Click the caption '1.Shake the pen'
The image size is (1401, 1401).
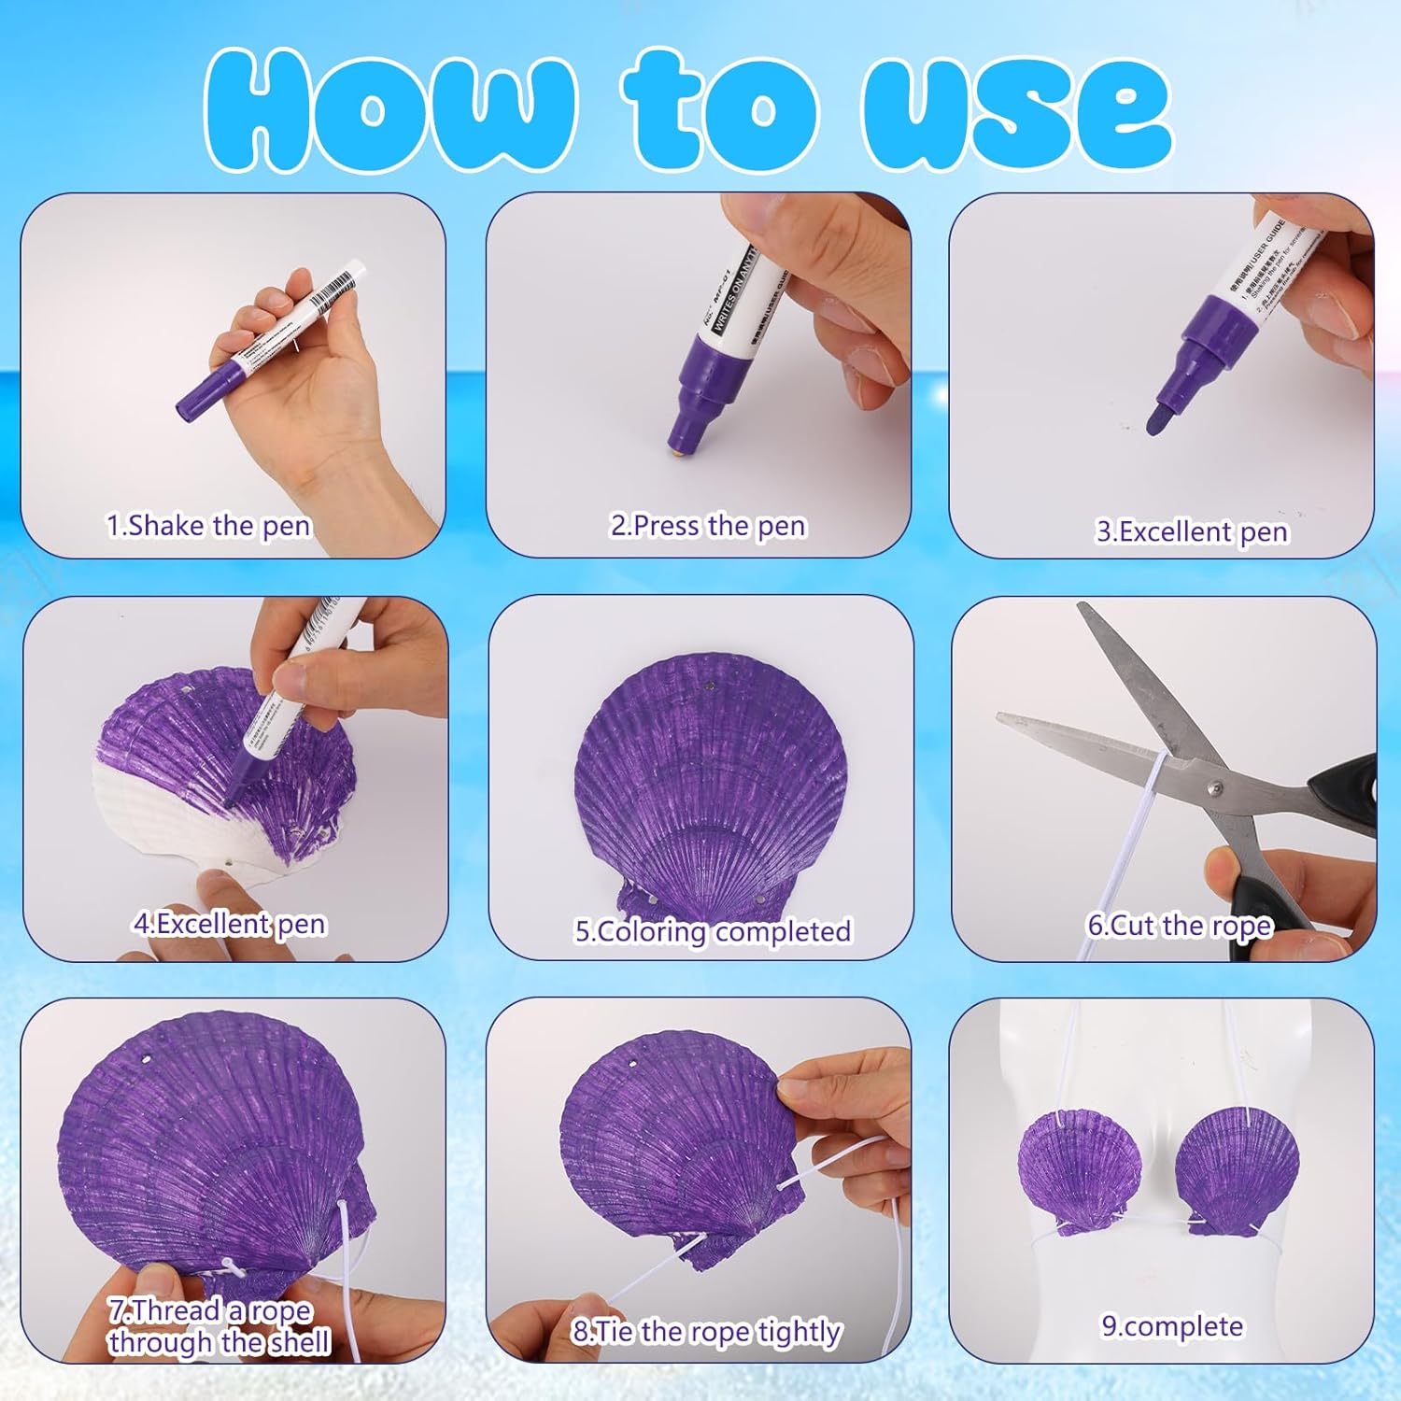click(x=208, y=526)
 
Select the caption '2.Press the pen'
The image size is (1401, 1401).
click(x=708, y=526)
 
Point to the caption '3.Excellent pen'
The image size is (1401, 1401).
click(x=1192, y=531)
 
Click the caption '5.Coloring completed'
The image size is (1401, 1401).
click(x=713, y=931)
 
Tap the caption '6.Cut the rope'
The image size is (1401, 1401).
click(x=1180, y=926)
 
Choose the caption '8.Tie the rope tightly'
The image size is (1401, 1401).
click(x=706, y=1331)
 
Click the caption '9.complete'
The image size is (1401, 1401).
click(x=1172, y=1326)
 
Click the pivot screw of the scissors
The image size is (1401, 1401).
click(x=1213, y=787)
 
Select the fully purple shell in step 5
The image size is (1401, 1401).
click(x=710, y=785)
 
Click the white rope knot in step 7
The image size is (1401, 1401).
click(x=229, y=1266)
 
